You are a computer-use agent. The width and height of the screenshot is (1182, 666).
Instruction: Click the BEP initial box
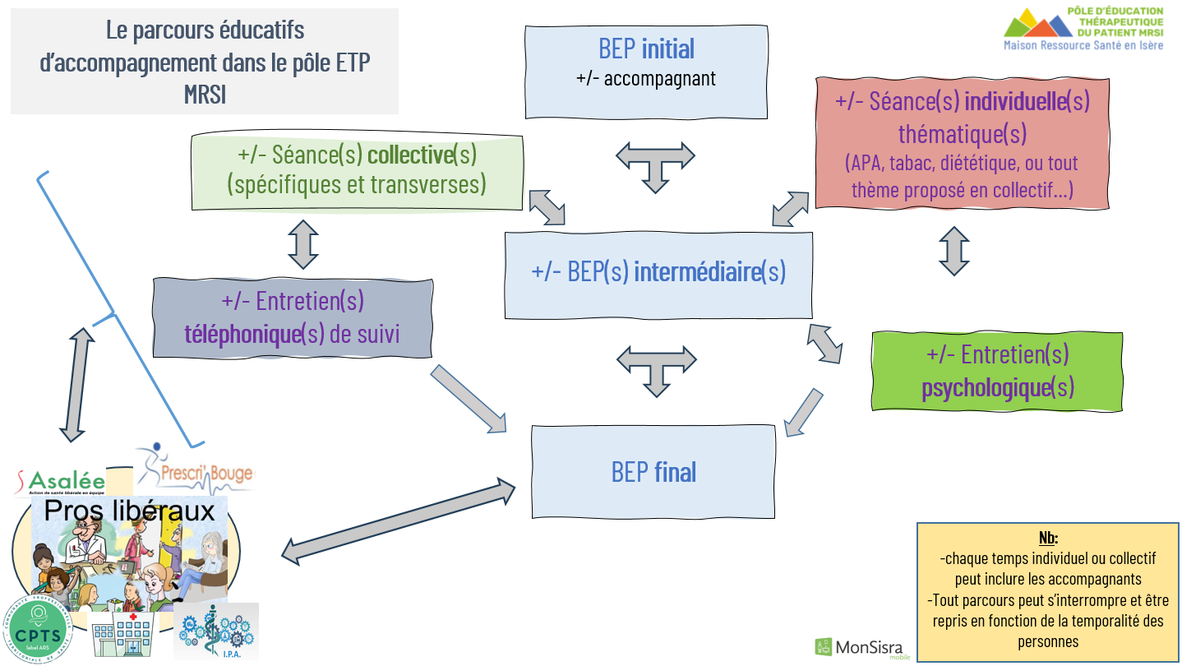pos(647,72)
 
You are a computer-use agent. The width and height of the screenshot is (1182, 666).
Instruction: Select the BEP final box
pos(653,471)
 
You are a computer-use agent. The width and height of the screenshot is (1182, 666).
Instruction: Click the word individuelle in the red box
pos(1014,102)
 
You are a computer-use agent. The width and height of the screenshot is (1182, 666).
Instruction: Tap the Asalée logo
pos(62,481)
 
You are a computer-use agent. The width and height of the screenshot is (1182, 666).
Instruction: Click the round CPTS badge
pos(36,629)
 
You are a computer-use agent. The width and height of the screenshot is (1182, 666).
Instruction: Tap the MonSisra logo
pos(859,647)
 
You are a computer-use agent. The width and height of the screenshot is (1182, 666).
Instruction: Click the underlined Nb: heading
pos(1047,539)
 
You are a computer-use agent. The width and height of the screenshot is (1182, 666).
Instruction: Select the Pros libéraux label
pos(129,511)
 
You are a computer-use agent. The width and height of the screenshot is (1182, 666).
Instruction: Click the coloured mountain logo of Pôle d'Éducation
pos(1038,24)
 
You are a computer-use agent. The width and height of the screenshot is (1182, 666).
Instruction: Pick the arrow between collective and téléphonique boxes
pos(303,243)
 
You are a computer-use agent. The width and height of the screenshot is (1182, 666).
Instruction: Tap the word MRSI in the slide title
pos(205,95)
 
